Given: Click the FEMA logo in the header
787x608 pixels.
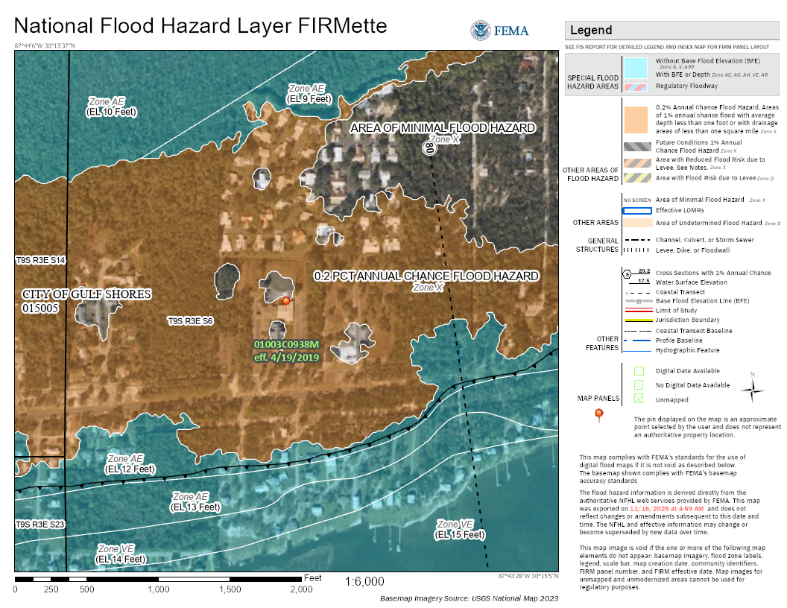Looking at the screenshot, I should point(499,31).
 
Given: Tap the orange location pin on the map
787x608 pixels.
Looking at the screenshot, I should point(286,301).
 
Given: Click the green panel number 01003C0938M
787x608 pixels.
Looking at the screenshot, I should point(286,345).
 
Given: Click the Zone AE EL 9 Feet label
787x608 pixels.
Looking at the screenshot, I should point(309,94).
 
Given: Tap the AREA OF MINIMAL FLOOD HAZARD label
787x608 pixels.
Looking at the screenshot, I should point(443,128).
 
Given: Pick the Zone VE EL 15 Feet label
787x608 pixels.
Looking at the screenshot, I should point(461,529).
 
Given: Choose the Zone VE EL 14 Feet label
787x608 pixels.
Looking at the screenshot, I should point(121,554).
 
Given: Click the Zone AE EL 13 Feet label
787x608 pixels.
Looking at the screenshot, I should point(195,501).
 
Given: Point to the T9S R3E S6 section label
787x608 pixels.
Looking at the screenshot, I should point(190,321).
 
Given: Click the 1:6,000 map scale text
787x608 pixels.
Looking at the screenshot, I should point(364,580).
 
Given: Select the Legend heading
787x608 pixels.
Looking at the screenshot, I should point(591,31).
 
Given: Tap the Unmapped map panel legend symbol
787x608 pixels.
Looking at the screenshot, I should point(639,399).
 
